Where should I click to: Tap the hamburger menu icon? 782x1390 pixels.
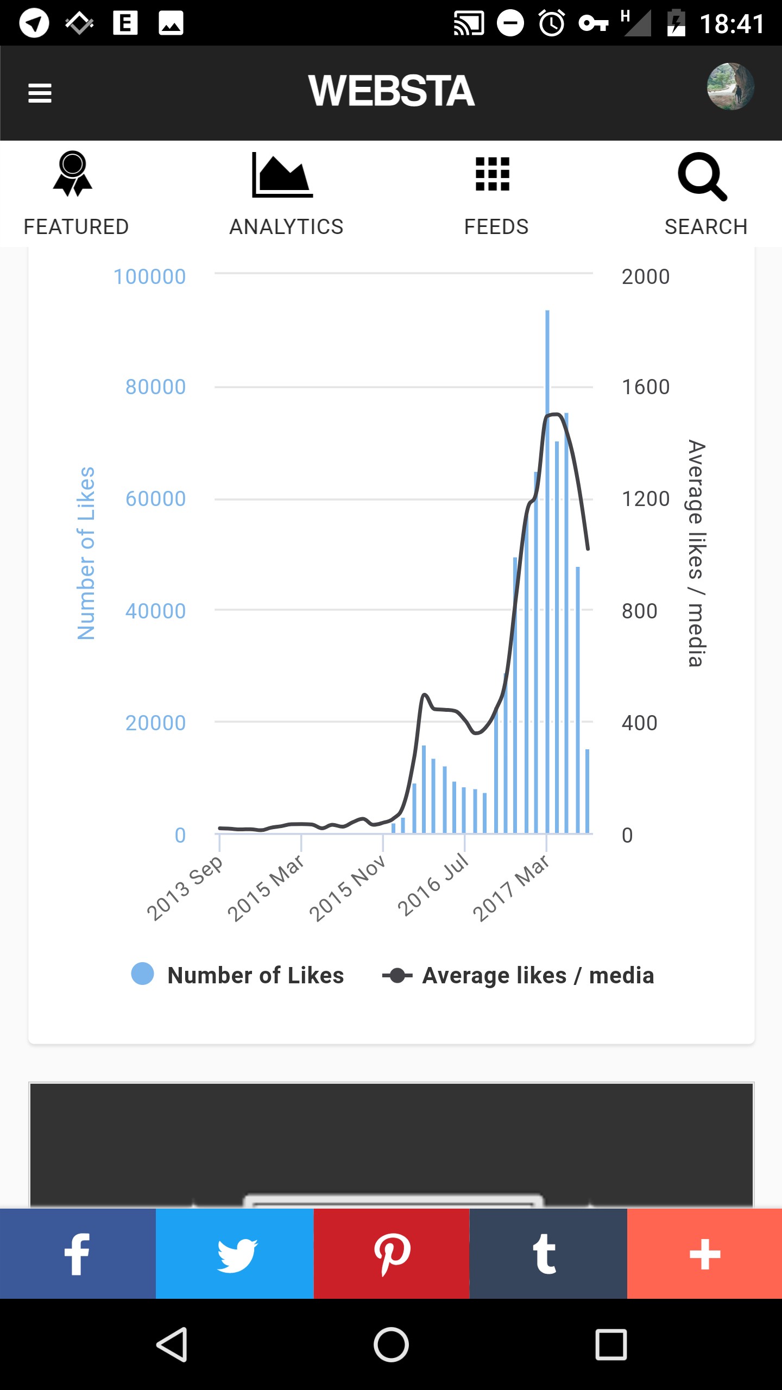[40, 93]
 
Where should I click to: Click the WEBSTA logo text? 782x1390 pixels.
[392, 91]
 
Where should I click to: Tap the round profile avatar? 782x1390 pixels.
[730, 87]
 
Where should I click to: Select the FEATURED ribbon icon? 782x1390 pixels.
[73, 174]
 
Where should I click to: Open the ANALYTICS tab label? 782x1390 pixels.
[286, 227]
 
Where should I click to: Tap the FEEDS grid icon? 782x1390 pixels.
[493, 174]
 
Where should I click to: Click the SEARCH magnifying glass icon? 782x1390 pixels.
[702, 176]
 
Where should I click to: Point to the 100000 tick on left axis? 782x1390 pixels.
[150, 277]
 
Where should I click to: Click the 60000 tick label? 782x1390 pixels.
[156, 498]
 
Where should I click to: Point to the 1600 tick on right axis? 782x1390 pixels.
[646, 387]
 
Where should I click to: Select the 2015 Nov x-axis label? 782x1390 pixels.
[348, 888]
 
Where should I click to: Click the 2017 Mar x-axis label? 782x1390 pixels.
[511, 888]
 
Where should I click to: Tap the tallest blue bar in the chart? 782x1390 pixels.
[547, 571]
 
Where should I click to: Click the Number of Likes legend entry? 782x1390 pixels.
[238, 975]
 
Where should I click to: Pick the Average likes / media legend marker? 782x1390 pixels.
[397, 976]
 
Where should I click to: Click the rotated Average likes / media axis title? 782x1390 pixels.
[696, 553]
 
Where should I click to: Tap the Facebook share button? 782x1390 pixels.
[78, 1254]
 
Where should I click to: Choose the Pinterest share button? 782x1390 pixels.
[392, 1254]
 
